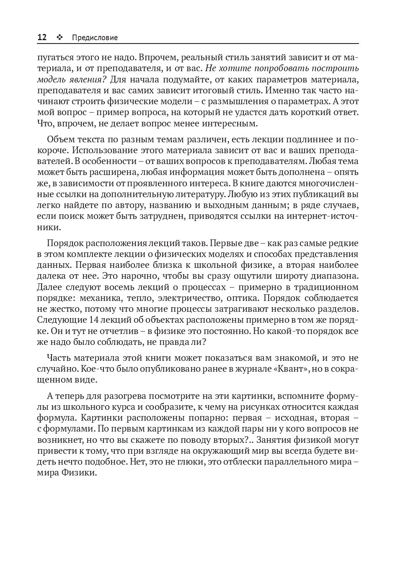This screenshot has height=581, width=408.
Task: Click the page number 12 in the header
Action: tap(42, 38)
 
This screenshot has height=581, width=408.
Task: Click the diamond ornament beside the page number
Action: tap(59, 38)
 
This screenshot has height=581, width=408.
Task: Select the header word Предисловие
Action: tap(95, 38)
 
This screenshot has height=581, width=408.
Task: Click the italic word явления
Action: tap(83, 80)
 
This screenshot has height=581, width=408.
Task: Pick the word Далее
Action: tap(49, 287)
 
